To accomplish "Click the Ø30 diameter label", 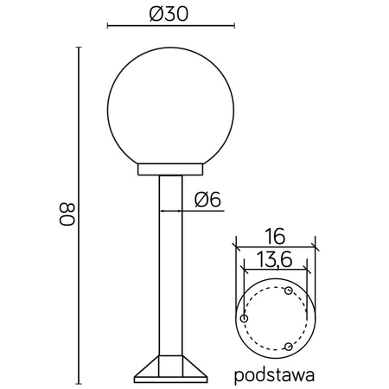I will pos(170,14).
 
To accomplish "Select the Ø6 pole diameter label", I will pos(208,198).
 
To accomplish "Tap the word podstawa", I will pos(273,376).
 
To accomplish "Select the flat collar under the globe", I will pos(170,169).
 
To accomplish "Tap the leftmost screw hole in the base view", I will pos(245,319).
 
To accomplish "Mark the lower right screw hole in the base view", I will pos(289,346).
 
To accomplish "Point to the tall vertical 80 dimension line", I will pos(80,216).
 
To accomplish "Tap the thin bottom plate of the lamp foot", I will pos(170,378).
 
